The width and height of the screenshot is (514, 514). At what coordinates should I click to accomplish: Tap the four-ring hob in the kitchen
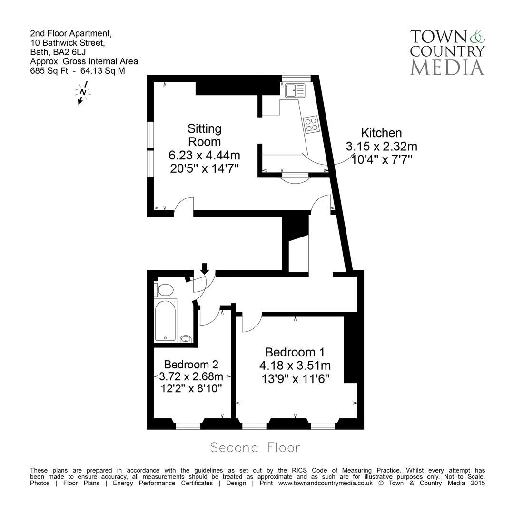pyautogui.click(x=312, y=124)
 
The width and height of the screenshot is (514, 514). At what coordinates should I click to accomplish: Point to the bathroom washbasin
pyautogui.click(x=187, y=339)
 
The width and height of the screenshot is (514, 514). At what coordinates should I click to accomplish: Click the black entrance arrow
pyautogui.click(x=205, y=268)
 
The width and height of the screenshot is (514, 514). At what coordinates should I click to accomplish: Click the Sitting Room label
pyautogui.click(x=204, y=135)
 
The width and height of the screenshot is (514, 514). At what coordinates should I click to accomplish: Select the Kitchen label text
pyautogui.click(x=381, y=133)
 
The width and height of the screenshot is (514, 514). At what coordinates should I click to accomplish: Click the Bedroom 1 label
pyautogui.click(x=295, y=352)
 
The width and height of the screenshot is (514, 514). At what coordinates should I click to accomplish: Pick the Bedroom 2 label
pyautogui.click(x=191, y=365)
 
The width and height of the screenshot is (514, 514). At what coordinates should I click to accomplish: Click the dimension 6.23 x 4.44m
pyautogui.click(x=204, y=155)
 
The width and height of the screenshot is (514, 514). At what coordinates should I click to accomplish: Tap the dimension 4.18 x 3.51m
pyautogui.click(x=295, y=366)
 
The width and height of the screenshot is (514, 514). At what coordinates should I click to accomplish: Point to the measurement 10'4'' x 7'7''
pyautogui.click(x=381, y=159)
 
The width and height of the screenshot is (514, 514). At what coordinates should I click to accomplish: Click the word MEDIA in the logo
pyautogui.click(x=447, y=67)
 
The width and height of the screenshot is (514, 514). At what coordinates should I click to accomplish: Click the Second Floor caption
pyautogui.click(x=255, y=448)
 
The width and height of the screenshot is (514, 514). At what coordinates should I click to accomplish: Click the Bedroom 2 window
pyautogui.click(x=188, y=425)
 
